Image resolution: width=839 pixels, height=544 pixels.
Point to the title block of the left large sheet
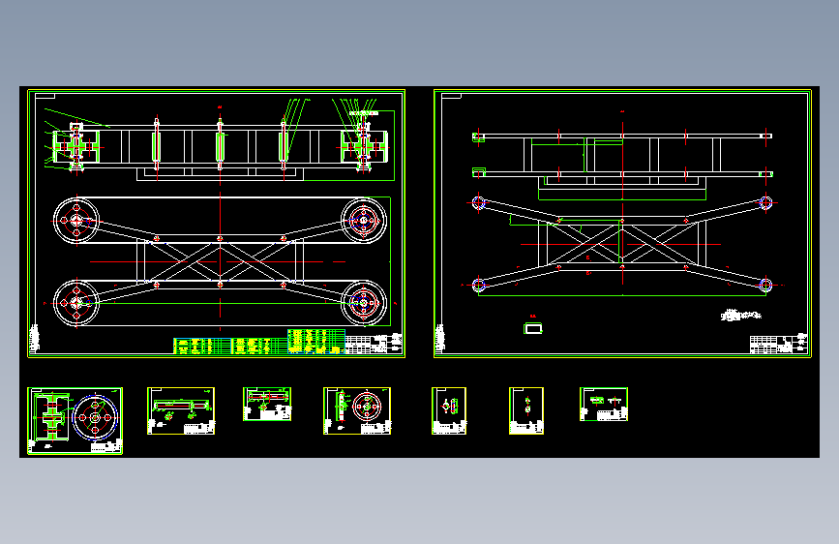[373, 344]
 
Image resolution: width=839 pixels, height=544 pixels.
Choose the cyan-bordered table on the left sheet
[316, 342]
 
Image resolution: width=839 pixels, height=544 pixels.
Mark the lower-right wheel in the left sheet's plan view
[364, 303]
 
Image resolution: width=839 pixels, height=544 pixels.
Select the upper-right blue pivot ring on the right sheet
[765, 202]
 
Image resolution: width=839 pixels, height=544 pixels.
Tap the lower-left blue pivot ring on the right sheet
[477, 285]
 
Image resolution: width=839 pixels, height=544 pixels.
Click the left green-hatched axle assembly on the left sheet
[74, 147]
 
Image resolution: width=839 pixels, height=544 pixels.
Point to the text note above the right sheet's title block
[743, 316]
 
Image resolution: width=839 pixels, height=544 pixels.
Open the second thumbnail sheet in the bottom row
[181, 410]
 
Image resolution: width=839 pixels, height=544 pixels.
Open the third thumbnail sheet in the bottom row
[267, 404]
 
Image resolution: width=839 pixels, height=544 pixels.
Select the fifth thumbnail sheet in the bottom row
[449, 410]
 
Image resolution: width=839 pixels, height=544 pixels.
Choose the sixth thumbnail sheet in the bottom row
[526, 410]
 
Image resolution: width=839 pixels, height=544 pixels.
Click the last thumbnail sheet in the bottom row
[604, 404]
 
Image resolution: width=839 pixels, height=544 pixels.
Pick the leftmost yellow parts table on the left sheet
[195, 344]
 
